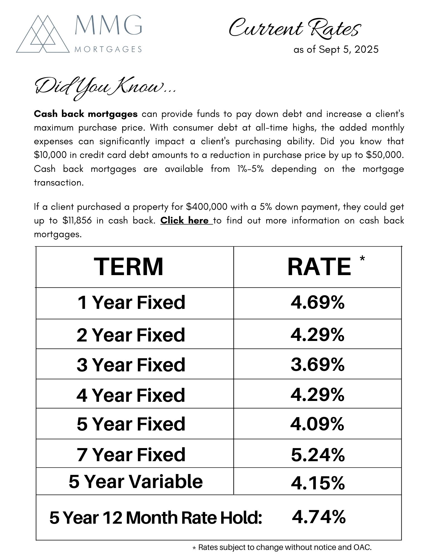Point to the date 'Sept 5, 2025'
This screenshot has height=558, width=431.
click(348, 50)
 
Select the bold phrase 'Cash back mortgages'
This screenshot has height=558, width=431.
click(86, 114)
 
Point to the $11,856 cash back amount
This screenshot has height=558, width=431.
click(77, 221)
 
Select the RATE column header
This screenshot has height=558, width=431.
click(319, 267)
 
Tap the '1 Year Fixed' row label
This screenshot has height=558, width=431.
click(131, 302)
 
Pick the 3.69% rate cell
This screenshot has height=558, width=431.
click(317, 364)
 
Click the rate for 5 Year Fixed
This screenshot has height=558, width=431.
click(317, 424)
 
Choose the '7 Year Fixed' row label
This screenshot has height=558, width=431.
click(131, 454)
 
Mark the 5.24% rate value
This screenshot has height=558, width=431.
click(318, 455)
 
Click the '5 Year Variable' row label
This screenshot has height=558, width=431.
click(136, 482)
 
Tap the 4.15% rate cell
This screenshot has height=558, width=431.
click(318, 483)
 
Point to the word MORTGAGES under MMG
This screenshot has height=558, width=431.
click(108, 50)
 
